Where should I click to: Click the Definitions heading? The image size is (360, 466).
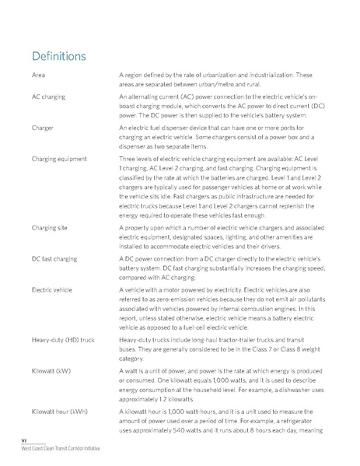pyautogui.click(x=58, y=58)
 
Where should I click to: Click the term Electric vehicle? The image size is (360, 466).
pyautogui.click(x=53, y=289)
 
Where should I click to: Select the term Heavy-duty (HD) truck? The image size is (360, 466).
pyautogui.click(x=64, y=340)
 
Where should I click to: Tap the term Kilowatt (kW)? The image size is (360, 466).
pyautogui.click(x=52, y=371)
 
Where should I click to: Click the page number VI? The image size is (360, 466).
pyautogui.click(x=25, y=441)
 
